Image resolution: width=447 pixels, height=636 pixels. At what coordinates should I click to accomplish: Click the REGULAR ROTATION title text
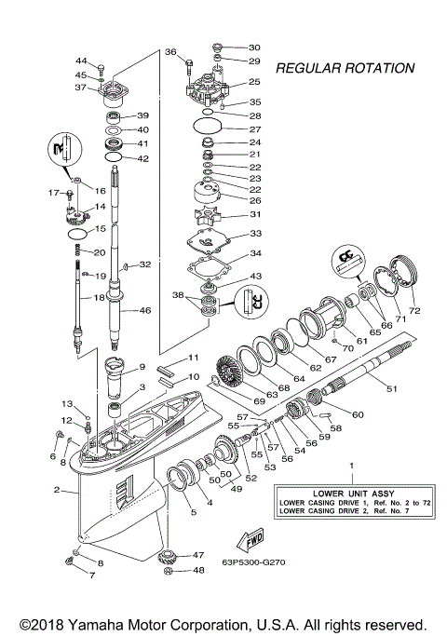tap(345, 68)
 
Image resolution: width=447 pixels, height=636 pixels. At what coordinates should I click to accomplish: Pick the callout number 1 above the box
tap(351, 464)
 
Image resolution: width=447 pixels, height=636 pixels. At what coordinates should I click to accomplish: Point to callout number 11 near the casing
tap(194, 358)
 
